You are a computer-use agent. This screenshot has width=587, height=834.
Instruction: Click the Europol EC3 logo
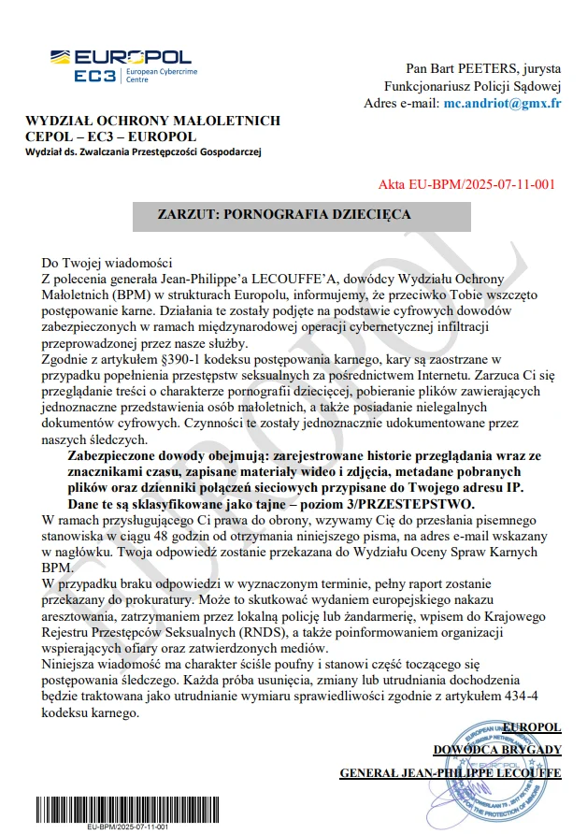(121, 65)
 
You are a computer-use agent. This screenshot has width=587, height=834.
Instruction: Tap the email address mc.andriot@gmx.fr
(502, 103)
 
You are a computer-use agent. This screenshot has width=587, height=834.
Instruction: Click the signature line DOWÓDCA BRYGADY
(496, 750)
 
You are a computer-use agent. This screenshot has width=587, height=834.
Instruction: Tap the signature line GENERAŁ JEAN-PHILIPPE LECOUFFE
(450, 773)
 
